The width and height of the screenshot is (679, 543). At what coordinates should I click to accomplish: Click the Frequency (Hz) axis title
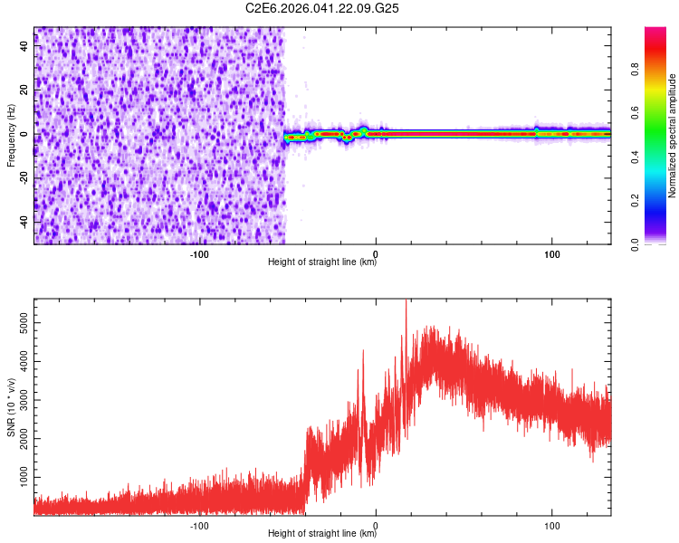11,134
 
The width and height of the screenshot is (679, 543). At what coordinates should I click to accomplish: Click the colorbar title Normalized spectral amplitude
673,137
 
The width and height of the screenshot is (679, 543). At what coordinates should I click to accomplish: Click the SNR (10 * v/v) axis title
11,406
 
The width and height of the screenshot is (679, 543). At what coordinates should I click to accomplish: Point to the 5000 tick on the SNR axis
19,322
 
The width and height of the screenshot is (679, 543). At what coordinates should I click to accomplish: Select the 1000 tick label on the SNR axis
19,476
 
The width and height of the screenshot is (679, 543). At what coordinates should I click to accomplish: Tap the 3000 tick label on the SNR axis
19,399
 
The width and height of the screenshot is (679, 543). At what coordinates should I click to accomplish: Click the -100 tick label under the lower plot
199,525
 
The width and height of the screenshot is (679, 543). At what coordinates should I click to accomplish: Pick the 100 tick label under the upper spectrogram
551,253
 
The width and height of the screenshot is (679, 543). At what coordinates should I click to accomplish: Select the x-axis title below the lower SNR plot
322,534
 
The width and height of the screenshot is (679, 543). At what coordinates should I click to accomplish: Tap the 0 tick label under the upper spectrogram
375,253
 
